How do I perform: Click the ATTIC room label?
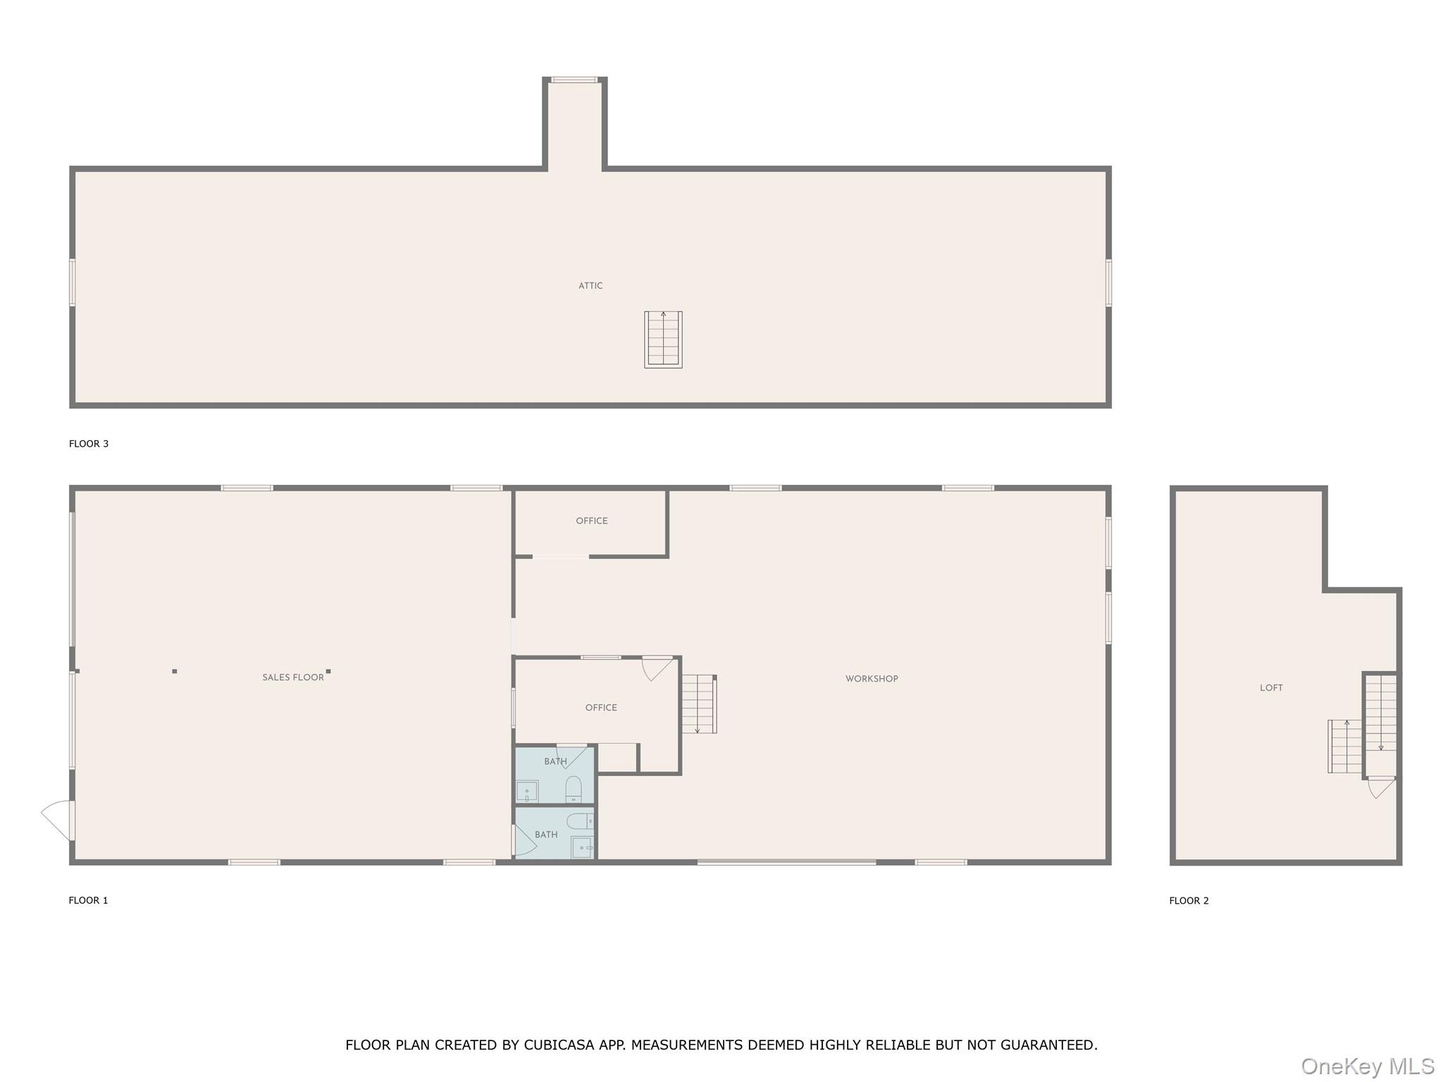590,286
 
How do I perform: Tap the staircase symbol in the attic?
663,340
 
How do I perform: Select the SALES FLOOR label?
293,678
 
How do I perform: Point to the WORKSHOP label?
872,679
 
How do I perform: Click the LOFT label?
1271,688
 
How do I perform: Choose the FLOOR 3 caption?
89,444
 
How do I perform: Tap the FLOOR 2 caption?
1189,901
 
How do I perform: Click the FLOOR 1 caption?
88,900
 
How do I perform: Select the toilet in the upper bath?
574,790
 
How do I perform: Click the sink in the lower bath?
582,848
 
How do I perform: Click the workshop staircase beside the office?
699,704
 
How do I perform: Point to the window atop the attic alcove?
574,80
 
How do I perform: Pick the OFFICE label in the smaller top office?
592,521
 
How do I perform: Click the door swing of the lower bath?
526,840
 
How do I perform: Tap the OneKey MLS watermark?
1368,1067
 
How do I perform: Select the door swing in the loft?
1382,788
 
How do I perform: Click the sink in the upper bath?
527,792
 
